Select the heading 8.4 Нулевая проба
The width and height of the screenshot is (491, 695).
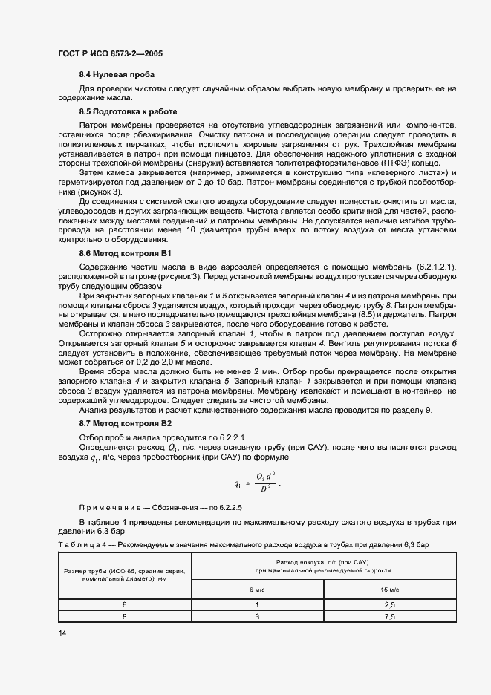(117, 76)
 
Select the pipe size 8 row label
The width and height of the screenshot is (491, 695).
(124, 616)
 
